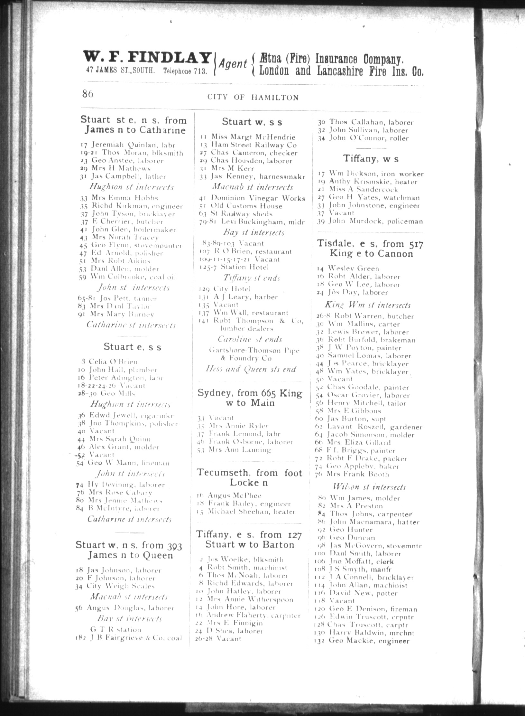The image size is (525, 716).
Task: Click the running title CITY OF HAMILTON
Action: pos(253,97)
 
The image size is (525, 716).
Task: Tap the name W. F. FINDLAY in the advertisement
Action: pos(147,58)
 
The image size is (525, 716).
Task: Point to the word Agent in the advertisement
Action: pos(233,64)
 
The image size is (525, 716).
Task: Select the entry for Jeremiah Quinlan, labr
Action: pos(128,145)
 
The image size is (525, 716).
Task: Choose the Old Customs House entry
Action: pos(246,206)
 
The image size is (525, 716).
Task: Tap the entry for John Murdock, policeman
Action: pos(375,221)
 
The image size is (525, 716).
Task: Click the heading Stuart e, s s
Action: pos(133,347)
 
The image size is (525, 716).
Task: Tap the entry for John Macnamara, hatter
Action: pos(374,522)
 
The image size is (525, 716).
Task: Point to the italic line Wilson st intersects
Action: pos(369,487)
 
